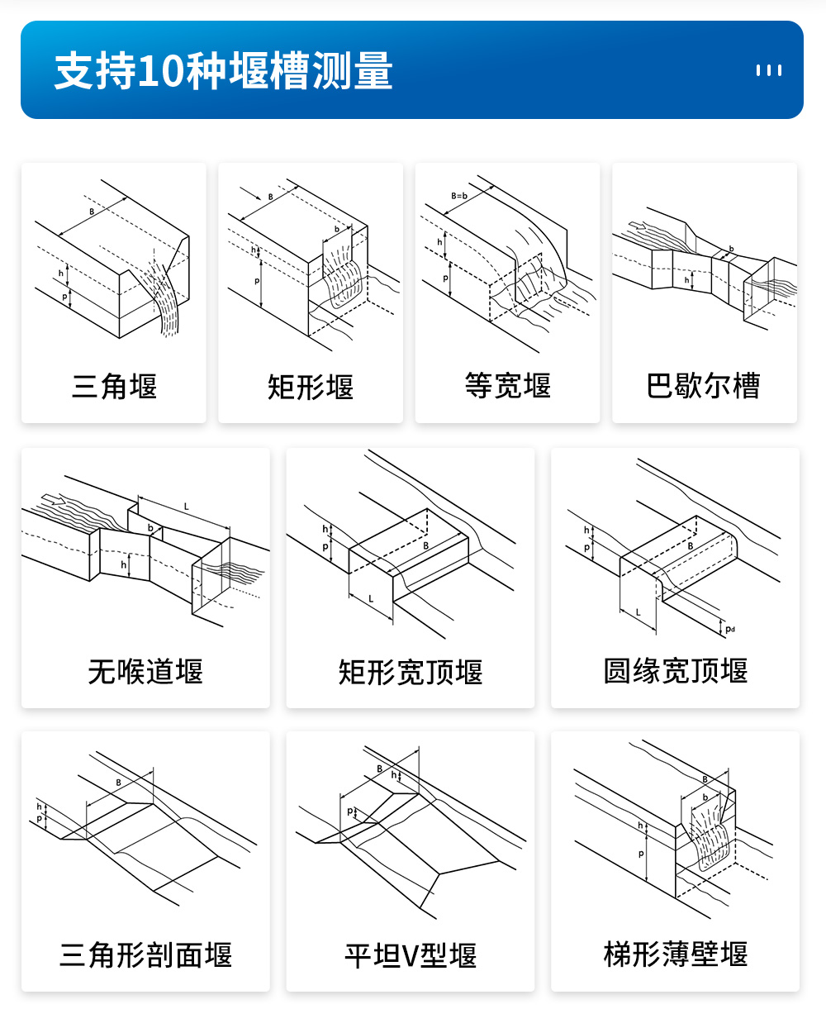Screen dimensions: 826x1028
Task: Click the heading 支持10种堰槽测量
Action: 224,71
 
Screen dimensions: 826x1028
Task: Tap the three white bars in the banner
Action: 769,71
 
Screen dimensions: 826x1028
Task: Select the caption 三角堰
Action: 114,386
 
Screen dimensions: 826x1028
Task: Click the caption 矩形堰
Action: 311,386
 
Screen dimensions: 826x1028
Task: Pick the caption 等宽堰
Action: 507,385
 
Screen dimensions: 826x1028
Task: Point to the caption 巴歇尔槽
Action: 703,385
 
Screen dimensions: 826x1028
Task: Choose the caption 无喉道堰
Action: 145,671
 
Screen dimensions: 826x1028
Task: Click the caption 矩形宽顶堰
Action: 411,672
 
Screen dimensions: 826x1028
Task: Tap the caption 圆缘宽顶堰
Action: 675,671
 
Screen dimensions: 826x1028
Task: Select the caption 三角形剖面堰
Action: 145,955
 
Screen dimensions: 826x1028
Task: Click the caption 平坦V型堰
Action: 411,955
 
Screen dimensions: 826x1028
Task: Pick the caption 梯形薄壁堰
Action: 675,954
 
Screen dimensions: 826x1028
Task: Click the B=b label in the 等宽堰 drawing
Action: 459,196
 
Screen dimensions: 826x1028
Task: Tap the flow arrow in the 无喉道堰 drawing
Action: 54,499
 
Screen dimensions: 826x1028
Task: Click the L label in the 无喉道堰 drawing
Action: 186,507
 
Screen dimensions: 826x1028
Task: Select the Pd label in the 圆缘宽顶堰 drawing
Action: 730,629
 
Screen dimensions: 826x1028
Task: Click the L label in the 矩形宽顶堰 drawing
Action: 371,599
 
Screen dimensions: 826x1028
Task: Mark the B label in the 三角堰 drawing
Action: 92,212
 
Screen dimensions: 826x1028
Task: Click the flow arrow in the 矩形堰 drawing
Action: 250,193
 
